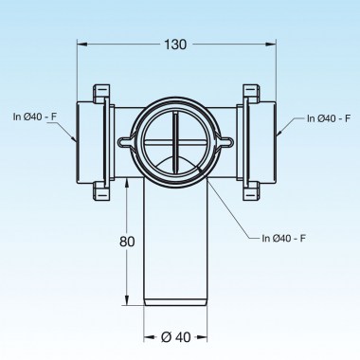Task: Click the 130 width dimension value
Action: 174,45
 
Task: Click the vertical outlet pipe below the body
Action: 176,256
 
